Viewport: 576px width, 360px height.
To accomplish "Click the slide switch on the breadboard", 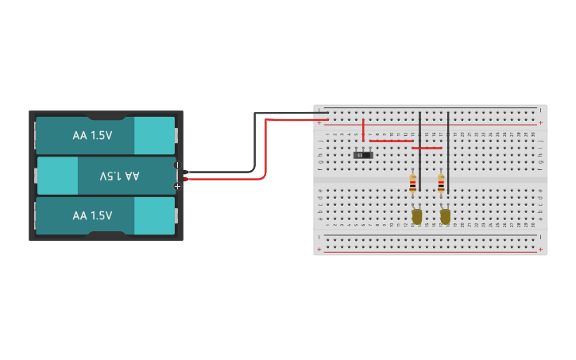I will [x=363, y=154].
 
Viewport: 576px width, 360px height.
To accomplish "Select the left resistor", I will [x=412, y=184].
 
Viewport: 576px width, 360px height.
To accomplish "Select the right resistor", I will [x=441, y=184].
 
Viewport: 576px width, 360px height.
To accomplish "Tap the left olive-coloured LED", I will [x=416, y=215].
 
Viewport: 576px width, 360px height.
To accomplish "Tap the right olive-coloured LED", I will [x=445, y=215].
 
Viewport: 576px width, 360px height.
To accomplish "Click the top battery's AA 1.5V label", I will [x=92, y=135].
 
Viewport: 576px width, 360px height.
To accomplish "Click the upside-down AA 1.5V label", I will [x=119, y=176].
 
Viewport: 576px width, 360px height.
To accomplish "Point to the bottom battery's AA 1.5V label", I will [x=92, y=215].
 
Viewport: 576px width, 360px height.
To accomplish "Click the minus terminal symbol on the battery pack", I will [x=177, y=165].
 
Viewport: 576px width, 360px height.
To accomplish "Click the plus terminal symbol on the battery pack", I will [x=177, y=186].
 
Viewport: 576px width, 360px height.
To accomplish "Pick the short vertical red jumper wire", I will [x=363, y=130].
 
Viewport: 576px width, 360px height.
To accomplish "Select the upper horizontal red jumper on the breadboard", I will [x=391, y=141].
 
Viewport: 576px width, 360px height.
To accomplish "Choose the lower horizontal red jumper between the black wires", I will [x=427, y=148].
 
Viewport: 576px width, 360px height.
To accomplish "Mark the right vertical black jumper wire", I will [x=448, y=151].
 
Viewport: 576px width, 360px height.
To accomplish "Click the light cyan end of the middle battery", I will [x=57, y=176].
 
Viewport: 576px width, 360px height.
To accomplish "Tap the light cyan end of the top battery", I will [x=154, y=135].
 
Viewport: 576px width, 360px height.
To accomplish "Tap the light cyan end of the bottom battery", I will [x=154, y=215].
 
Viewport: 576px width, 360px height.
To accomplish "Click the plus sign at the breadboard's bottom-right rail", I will [x=541, y=250].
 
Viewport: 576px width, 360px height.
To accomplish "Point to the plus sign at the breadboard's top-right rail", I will [x=541, y=123].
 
